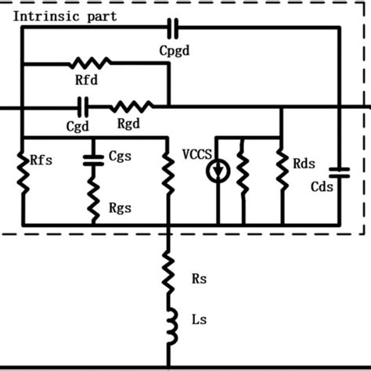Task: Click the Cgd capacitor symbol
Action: pos(82,105)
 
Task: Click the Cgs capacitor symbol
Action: pos(93,159)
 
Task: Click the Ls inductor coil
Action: pos(167,322)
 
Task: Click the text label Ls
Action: pos(198,319)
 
